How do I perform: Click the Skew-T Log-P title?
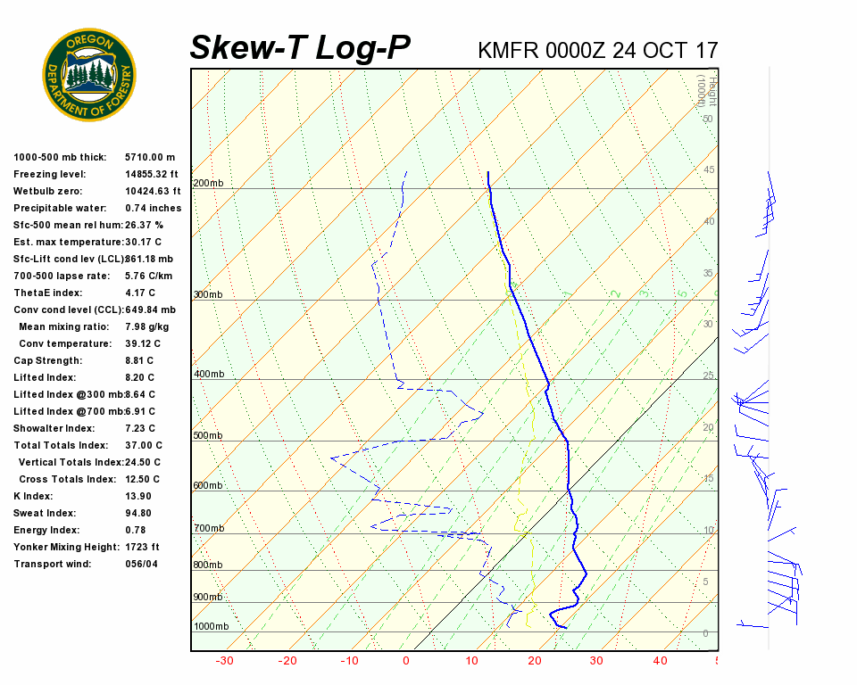tap(300, 48)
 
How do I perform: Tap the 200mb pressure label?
tap(208, 184)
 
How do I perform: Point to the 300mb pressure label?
tap(208, 294)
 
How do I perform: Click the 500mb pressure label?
tap(208, 435)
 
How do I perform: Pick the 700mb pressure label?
tap(208, 529)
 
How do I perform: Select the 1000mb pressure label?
tap(212, 626)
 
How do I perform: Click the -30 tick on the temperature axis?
tap(225, 661)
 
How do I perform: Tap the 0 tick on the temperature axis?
tap(406, 661)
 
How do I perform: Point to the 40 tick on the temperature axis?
tap(661, 661)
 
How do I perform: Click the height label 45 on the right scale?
tap(709, 170)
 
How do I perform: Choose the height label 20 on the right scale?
tap(709, 428)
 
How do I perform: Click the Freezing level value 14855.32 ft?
tap(153, 174)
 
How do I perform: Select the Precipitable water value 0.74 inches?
tap(153, 208)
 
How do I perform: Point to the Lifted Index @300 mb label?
tap(68, 394)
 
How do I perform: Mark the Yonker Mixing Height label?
tap(68, 547)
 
